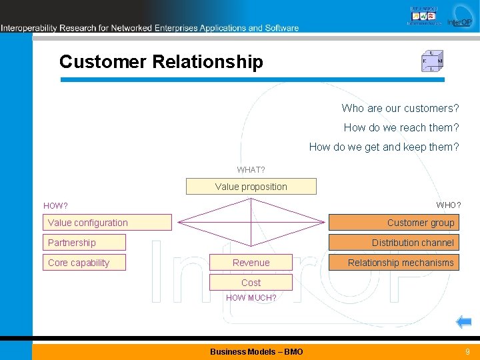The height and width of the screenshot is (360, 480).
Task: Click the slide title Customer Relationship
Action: pyautogui.click(x=161, y=62)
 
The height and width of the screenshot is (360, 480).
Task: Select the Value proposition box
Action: pyautogui.click(x=251, y=187)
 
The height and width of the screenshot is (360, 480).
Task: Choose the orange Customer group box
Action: pyautogui.click(x=393, y=223)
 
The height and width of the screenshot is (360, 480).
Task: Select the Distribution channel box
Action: pyautogui.click(x=393, y=243)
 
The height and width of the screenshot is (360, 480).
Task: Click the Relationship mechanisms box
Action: pyautogui.click(x=400, y=263)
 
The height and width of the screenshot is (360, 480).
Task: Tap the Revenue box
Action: pyautogui.click(x=251, y=263)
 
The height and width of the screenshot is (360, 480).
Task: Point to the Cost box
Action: pyautogui.click(x=251, y=283)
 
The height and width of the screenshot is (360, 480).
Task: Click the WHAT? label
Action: pyautogui.click(x=251, y=170)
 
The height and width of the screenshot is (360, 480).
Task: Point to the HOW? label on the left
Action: pyautogui.click(x=55, y=206)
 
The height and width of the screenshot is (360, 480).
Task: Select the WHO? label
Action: pyautogui.click(x=448, y=204)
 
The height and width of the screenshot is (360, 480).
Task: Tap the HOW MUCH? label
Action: pyautogui.click(x=251, y=298)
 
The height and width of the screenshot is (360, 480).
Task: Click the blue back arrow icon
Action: pyautogui.click(x=463, y=323)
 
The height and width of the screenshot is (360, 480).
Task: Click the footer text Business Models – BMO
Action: pyautogui.click(x=256, y=351)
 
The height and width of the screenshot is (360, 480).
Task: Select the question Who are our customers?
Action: pyautogui.click(x=400, y=108)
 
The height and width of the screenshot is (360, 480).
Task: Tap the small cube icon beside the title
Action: pyautogui.click(x=432, y=61)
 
